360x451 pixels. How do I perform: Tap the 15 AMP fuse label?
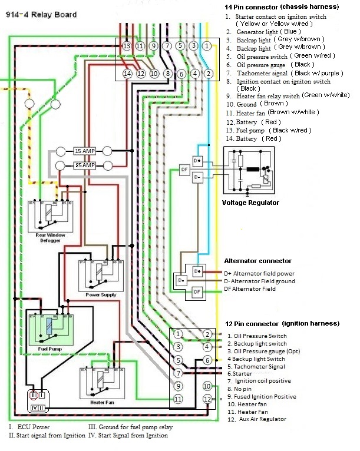tap(84, 151)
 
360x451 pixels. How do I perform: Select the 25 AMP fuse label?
tap(84, 165)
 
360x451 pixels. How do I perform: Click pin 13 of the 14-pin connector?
tap(127, 45)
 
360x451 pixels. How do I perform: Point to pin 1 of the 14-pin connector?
tap(207, 45)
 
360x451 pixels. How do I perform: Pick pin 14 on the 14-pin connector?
tap(127, 74)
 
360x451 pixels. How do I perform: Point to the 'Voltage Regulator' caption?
tap(250, 203)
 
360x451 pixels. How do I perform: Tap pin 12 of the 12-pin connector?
tap(207, 399)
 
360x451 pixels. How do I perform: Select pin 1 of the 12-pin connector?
tap(179, 334)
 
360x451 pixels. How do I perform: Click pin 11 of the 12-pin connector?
tap(179, 399)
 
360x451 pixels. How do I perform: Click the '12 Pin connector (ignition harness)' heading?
tap(283, 323)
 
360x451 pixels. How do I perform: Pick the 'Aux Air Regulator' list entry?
tap(262, 419)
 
